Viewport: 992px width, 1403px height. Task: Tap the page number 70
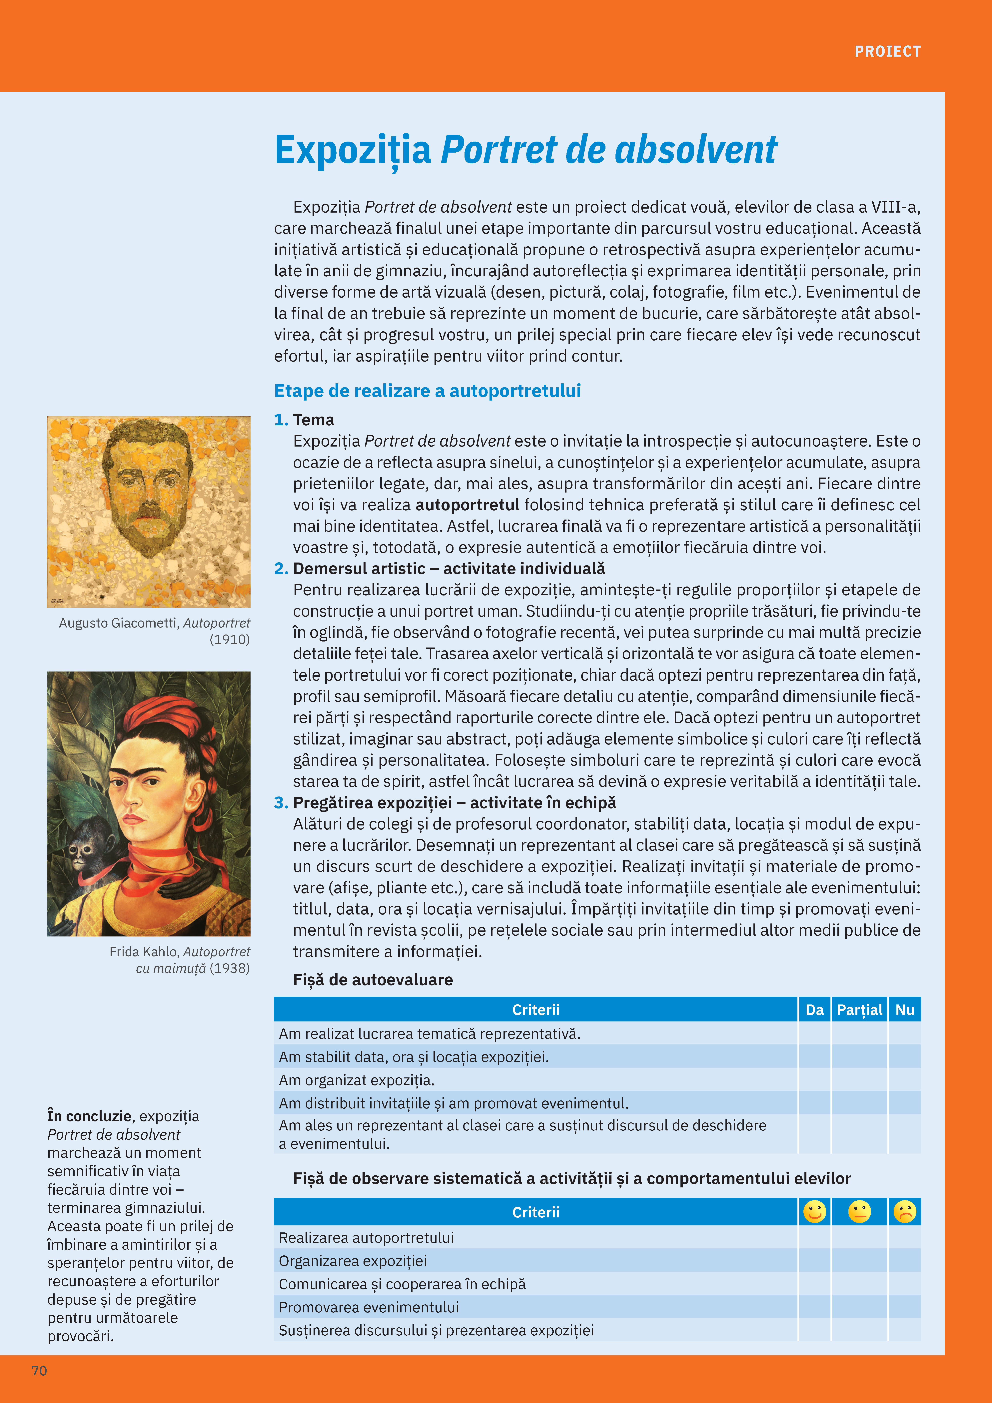39,1371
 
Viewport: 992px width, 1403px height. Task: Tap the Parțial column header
859,1010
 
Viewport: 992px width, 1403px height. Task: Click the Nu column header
905,1010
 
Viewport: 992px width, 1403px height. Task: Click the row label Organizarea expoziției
353,1261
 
